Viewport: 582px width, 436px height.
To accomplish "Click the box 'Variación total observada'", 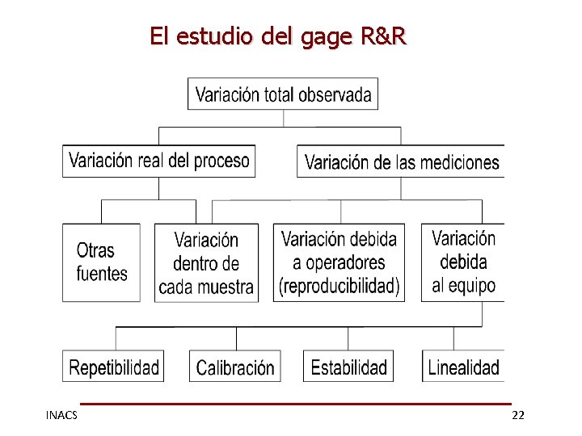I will point(283,94).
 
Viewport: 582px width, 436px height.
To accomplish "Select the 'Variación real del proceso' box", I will point(158,161).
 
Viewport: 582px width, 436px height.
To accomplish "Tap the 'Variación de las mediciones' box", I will point(401,162).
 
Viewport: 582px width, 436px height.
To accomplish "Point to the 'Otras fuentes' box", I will point(101,262).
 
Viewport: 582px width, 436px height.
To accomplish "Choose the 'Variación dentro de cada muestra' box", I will point(206,263).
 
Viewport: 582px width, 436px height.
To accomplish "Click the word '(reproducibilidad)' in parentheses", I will point(339,286).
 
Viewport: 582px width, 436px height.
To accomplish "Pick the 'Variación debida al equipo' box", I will point(463,262).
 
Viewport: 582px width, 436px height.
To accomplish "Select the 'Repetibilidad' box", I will point(114,368).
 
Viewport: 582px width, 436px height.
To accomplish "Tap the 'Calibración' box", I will point(235,368).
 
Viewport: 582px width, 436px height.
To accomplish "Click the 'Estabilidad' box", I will point(349,368).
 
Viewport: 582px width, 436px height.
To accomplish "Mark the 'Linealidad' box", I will point(463,368).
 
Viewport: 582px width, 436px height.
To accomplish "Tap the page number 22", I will point(518,415).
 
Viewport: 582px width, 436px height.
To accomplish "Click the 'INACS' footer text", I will point(61,415).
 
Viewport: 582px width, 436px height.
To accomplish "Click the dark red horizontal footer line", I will point(296,403).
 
